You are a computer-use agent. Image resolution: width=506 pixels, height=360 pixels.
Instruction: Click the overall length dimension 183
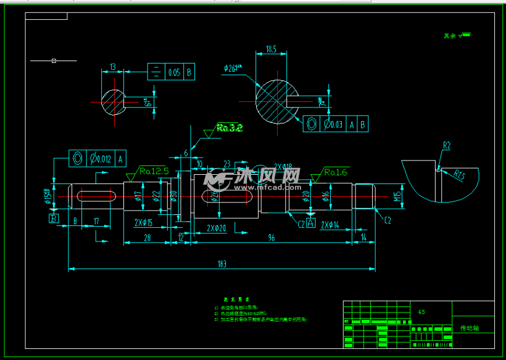[222, 264]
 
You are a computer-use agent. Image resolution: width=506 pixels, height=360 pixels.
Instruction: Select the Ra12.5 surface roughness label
[154, 171]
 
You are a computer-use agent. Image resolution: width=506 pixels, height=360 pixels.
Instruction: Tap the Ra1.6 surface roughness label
[336, 172]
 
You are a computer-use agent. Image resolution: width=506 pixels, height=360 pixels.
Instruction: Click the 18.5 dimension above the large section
[271, 49]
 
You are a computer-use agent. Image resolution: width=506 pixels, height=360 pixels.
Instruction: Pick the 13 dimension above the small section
[112, 67]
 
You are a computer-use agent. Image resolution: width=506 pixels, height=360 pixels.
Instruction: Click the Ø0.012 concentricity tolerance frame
[97, 158]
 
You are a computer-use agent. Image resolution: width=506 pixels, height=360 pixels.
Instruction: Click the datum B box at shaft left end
[54, 219]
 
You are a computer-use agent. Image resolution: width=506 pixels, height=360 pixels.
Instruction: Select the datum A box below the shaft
[310, 222]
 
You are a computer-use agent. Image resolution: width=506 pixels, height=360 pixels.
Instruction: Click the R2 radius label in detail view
[446, 146]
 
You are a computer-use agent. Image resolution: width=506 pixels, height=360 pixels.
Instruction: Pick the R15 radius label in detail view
[460, 176]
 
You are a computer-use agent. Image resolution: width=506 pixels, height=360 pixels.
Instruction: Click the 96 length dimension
[270, 237]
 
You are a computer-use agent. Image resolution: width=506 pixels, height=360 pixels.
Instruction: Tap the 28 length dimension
[147, 237]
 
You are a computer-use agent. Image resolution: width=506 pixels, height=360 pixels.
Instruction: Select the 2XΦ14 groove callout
[331, 225]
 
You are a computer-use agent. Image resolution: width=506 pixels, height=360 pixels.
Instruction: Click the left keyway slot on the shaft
[96, 196]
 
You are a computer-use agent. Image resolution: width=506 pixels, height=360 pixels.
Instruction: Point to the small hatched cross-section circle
[112, 102]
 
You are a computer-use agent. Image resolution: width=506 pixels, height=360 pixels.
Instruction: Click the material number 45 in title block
[421, 312]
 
